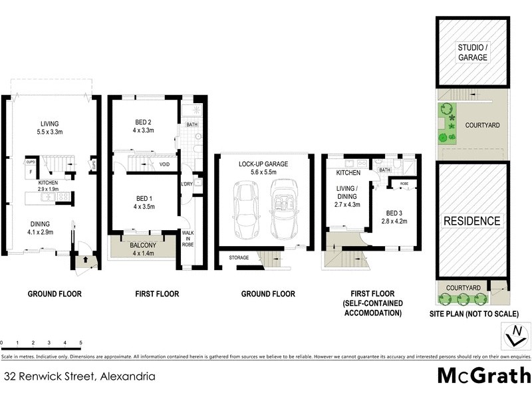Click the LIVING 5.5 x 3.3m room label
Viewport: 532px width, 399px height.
tap(50, 128)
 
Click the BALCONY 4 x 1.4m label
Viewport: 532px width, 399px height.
tap(144, 249)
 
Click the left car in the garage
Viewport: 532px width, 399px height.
tap(243, 213)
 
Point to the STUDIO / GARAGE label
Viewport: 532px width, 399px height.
tap(472, 53)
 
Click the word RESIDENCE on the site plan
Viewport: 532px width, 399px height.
tap(472, 221)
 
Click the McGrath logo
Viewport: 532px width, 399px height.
tap(483, 375)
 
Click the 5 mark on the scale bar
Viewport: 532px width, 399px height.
tap(81, 344)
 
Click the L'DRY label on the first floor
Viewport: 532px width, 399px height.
tap(187, 184)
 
